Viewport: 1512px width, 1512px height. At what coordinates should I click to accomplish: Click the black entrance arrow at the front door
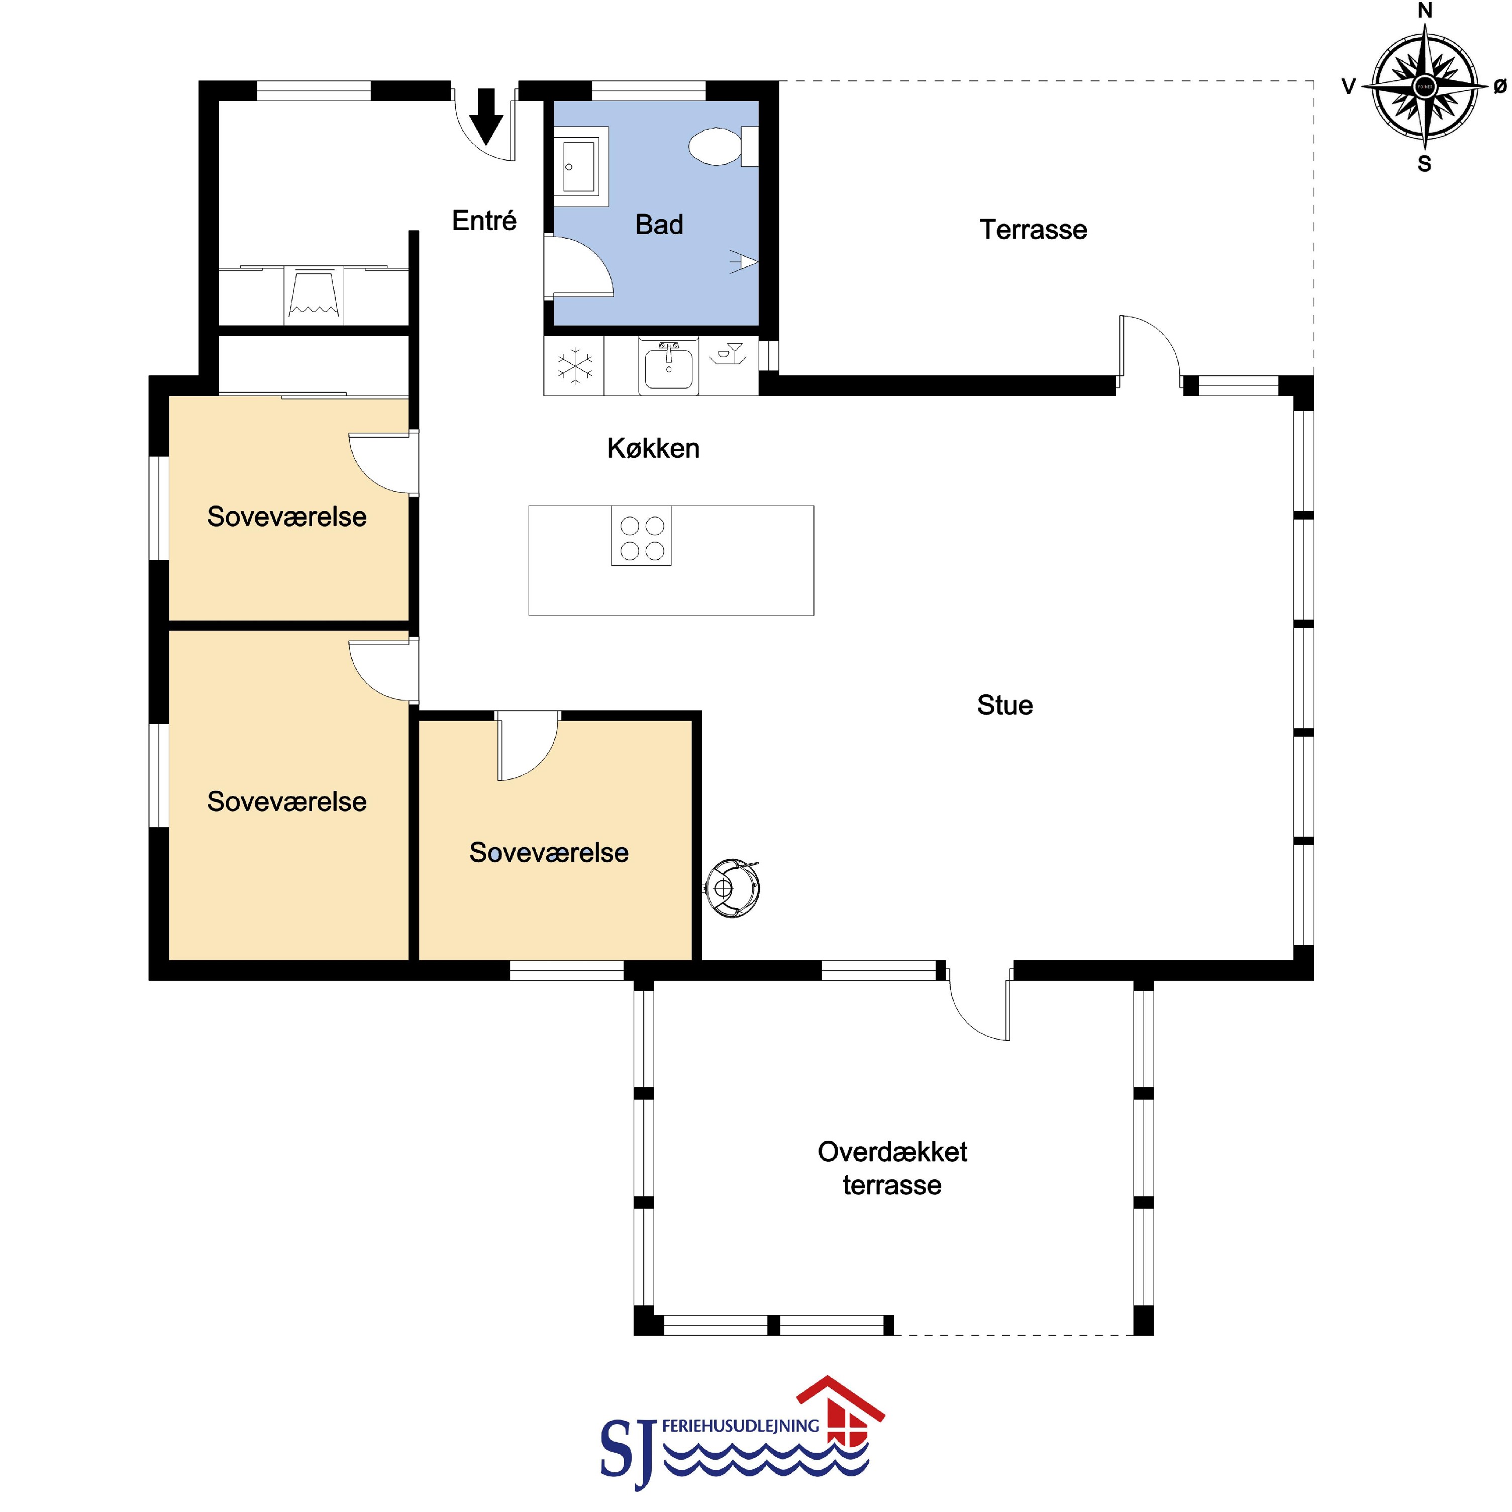[x=486, y=117]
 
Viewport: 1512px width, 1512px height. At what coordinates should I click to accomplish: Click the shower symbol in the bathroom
[x=744, y=261]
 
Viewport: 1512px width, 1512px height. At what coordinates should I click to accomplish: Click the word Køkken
[x=653, y=448]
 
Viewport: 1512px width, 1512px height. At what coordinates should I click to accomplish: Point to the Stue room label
[x=1005, y=705]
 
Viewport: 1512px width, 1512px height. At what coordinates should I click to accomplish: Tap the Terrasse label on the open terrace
[x=1033, y=229]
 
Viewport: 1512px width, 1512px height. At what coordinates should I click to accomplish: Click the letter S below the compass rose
[x=1425, y=164]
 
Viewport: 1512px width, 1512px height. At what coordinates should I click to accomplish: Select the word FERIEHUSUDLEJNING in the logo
[x=740, y=1426]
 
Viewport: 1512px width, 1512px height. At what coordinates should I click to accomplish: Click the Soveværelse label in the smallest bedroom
[x=549, y=852]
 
